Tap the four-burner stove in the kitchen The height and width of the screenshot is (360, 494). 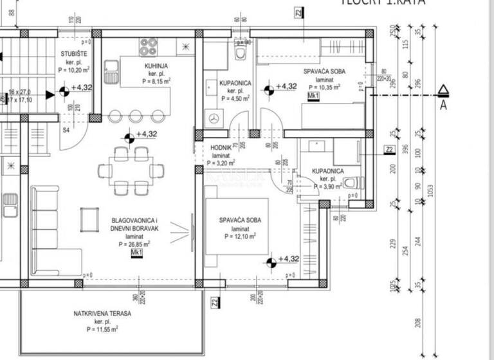149,46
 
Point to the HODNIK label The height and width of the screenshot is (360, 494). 221,147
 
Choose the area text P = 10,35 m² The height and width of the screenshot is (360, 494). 324,87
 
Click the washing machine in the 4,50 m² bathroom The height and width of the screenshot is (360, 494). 214,118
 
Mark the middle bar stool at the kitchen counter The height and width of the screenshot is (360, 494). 136,116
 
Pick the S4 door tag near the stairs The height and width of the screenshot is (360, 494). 65,129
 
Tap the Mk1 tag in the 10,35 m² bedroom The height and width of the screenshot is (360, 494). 313,96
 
